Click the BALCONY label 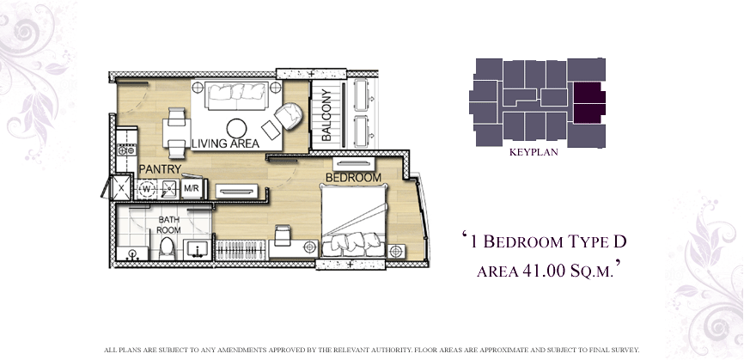click(326, 115)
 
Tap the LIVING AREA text click(225, 143)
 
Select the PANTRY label click(161, 169)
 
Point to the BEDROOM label click(353, 178)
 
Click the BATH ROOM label click(169, 225)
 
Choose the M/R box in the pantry click(192, 189)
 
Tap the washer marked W click(147, 189)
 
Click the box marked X click(121, 188)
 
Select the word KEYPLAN click(534, 152)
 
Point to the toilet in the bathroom click(167, 248)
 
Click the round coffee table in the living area click(237, 128)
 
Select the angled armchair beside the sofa click(289, 116)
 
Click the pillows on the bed click(353, 241)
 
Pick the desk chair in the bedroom click(282, 235)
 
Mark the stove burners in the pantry click(126, 150)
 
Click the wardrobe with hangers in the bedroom click(241, 249)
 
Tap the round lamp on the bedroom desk click(310, 247)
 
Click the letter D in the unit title click(619, 241)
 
